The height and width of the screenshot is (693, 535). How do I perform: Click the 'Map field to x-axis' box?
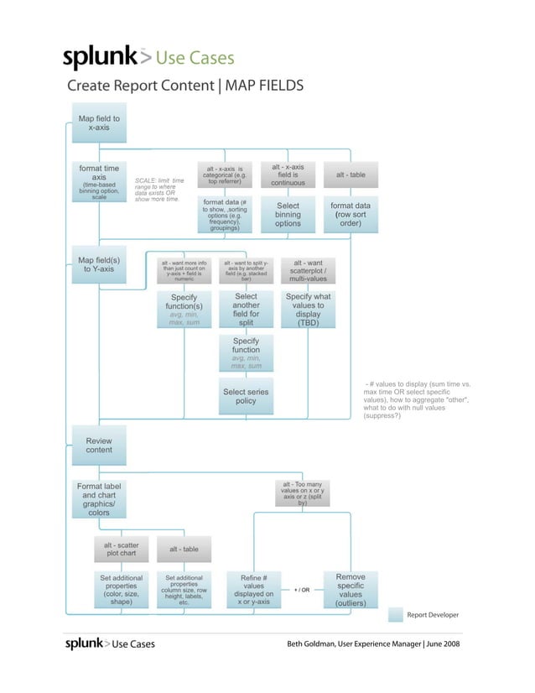point(99,123)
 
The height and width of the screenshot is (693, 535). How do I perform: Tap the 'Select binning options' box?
point(288,214)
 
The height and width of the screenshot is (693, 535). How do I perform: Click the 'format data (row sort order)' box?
point(351,214)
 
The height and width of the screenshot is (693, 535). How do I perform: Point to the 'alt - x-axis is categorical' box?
point(225,175)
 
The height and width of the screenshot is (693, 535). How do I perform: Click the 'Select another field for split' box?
point(246,309)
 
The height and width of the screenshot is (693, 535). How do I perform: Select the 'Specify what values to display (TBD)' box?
point(308,309)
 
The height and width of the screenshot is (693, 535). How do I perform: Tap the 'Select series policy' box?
point(246,397)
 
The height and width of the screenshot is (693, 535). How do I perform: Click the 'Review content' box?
point(99,445)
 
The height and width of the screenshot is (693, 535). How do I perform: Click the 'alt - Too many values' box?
point(302,492)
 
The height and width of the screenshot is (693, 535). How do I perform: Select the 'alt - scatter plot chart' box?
point(122,549)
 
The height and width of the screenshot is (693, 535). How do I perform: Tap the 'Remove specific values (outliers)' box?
point(351,590)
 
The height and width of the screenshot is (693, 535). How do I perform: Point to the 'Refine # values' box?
point(253,590)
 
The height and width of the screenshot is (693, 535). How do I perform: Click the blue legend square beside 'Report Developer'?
point(395,615)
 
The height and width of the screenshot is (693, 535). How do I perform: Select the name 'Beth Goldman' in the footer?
point(312,643)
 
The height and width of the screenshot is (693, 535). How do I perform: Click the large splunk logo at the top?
point(101,58)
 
